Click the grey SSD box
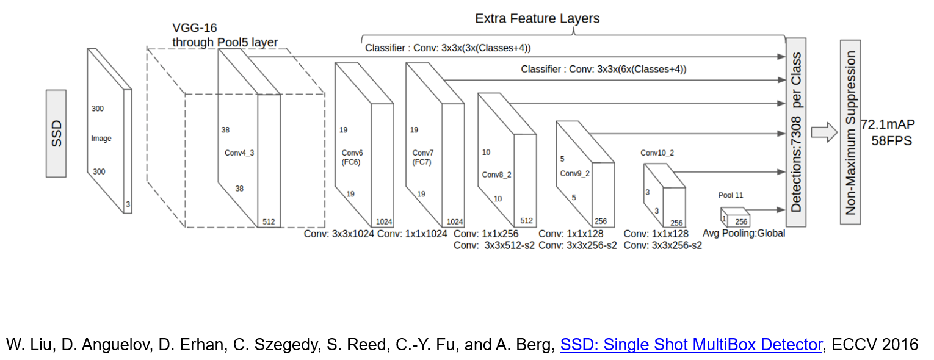[x=56, y=134]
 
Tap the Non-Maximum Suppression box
[x=850, y=133]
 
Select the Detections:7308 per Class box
[x=795, y=132]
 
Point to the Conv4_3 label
[x=239, y=153]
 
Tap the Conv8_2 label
[x=496, y=175]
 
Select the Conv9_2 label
[x=574, y=173]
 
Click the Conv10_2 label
[x=657, y=152]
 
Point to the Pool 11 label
[x=731, y=195]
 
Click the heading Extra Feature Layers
[x=537, y=18]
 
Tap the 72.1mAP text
[x=888, y=124]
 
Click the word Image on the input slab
[x=101, y=139]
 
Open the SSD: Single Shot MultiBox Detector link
[x=691, y=345]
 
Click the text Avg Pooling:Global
[x=744, y=233]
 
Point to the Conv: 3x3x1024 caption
[x=339, y=234]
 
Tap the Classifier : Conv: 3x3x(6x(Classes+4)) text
[x=603, y=70]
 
